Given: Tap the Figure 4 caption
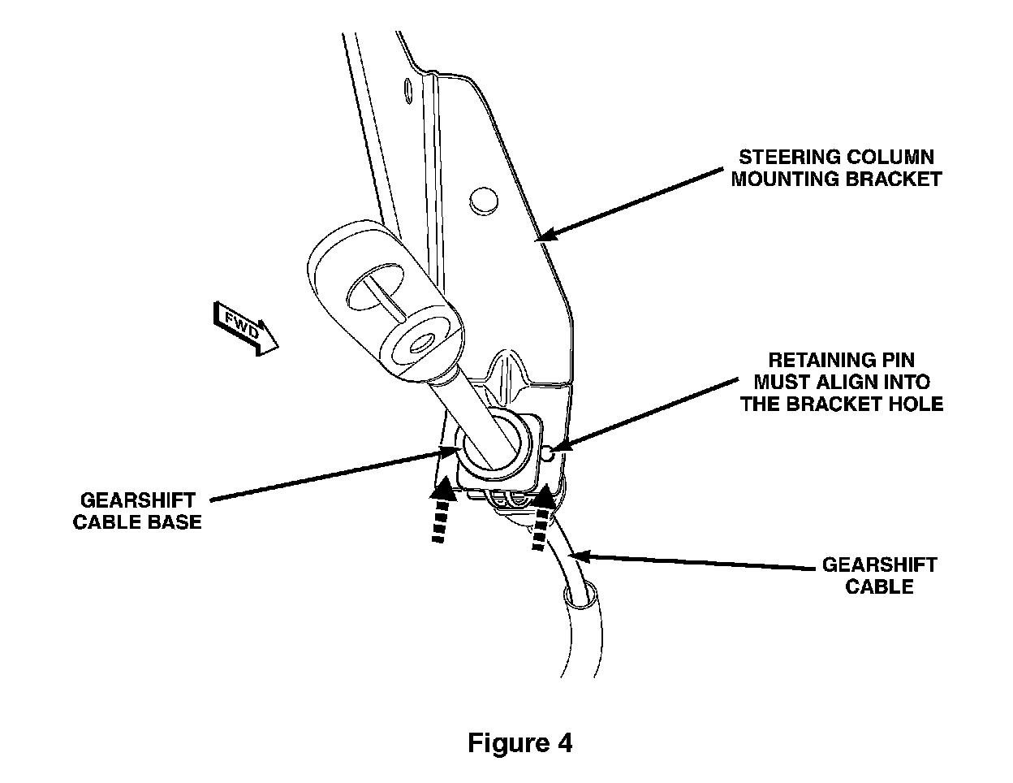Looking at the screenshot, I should [519, 742].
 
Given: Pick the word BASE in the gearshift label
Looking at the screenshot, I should [175, 521].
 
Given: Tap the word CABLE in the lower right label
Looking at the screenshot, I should [880, 586].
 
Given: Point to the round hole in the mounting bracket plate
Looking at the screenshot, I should [482, 199].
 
